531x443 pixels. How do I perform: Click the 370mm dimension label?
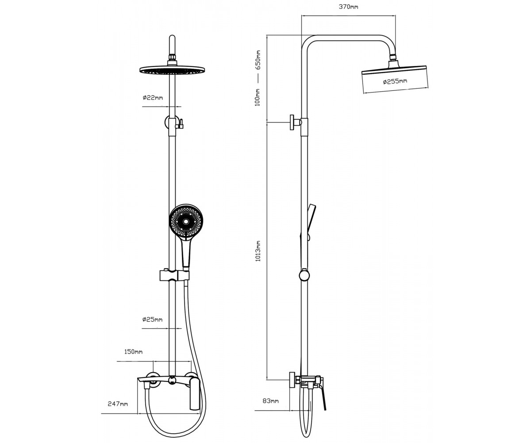pyautogui.click(x=348, y=7)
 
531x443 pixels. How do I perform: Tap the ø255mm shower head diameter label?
pyautogui.click(x=395, y=82)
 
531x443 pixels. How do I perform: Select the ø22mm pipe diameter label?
pyautogui.click(x=153, y=97)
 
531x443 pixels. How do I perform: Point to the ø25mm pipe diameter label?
pyautogui.click(x=152, y=319)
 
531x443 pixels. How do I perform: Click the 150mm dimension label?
pyautogui.click(x=133, y=352)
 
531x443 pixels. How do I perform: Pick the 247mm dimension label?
pyautogui.click(x=118, y=404)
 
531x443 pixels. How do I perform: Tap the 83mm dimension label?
pyautogui.click(x=270, y=401)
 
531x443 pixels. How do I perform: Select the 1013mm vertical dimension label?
pyautogui.click(x=258, y=251)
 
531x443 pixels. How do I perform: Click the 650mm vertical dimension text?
pyautogui.click(x=258, y=60)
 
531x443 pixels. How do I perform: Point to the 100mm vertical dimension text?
pyautogui.click(x=258, y=97)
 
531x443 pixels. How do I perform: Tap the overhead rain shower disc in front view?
pyautogui.click(x=173, y=70)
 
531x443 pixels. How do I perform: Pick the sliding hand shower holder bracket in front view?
pyautogui.click(x=174, y=275)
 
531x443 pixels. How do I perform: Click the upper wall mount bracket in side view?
pyautogui.click(x=296, y=122)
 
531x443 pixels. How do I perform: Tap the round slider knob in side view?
pyautogui.click(x=304, y=276)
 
